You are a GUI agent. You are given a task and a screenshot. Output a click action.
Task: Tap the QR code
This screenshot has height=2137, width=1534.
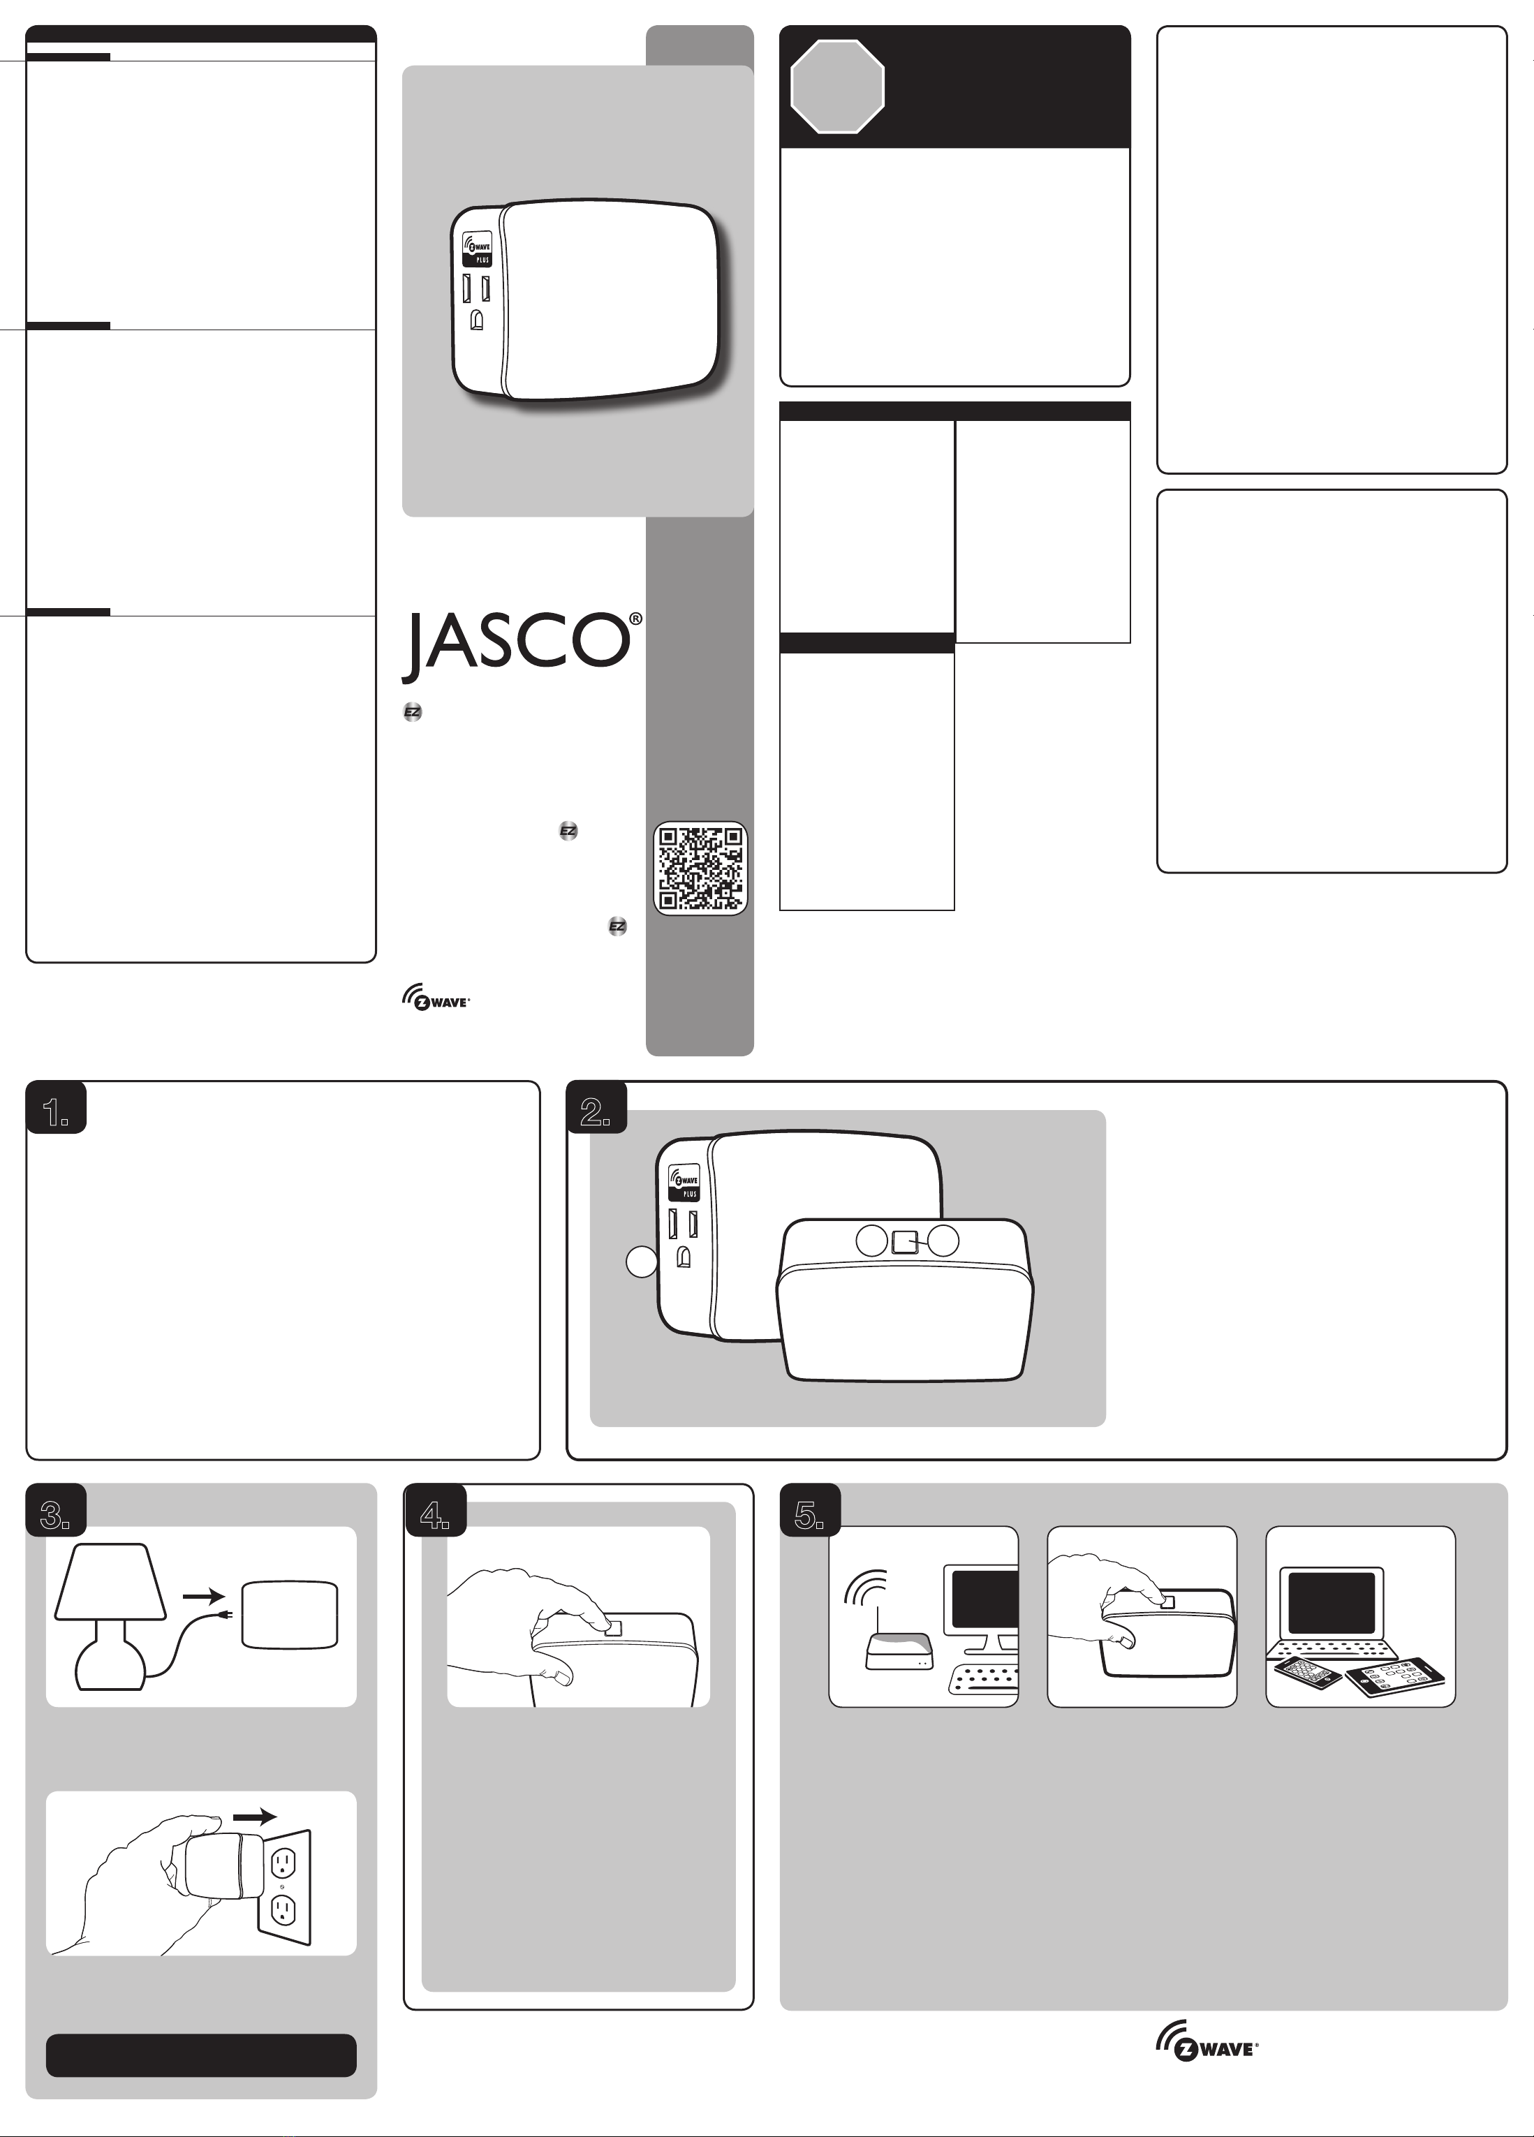pyautogui.click(x=700, y=868)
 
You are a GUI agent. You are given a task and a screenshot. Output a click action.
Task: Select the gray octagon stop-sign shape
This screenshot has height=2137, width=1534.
pyautogui.click(x=836, y=87)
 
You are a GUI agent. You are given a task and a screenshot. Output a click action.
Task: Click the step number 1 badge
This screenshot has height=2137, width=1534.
pyautogui.click(x=57, y=1108)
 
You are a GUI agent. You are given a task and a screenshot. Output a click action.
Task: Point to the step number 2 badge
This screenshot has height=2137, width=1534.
pyautogui.click(x=596, y=1108)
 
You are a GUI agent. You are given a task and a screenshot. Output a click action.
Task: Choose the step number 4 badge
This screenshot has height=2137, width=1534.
pyautogui.click(x=434, y=1509)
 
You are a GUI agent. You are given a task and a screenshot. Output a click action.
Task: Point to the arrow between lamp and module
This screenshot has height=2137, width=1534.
pyautogui.click(x=203, y=1595)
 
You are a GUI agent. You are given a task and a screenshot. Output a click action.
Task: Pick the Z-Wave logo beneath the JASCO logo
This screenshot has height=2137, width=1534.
pyautogui.click(x=435, y=1000)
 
